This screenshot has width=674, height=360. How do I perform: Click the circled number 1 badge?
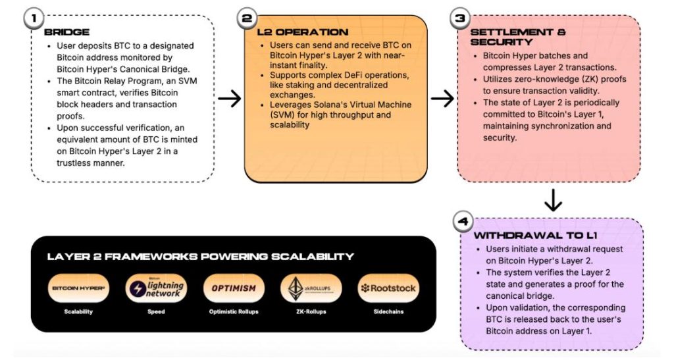(34, 18)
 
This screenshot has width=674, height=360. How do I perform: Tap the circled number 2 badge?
(247, 18)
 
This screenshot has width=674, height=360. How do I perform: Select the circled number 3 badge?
(460, 18)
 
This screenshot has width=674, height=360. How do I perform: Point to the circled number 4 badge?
(463, 222)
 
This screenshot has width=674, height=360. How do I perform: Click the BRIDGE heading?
(66, 32)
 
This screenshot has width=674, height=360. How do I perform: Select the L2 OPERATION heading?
(303, 32)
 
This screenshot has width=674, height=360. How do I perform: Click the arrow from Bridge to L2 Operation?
(230, 99)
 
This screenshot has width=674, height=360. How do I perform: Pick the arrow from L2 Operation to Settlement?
(442, 99)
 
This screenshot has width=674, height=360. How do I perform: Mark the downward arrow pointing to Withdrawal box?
(553, 200)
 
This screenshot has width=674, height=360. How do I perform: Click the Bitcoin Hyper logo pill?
(79, 288)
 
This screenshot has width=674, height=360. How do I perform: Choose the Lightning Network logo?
(156, 288)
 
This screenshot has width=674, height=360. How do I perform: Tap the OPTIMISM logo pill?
(234, 288)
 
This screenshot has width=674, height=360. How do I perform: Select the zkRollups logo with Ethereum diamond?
(311, 288)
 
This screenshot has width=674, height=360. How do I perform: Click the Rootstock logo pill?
(388, 288)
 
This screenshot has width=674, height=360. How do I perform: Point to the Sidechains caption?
(388, 311)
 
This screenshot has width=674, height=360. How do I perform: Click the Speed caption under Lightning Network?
(156, 311)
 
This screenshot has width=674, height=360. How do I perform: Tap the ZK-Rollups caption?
(311, 311)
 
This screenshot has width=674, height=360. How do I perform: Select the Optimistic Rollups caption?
(234, 311)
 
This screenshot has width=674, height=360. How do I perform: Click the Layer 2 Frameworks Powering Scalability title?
(200, 257)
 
